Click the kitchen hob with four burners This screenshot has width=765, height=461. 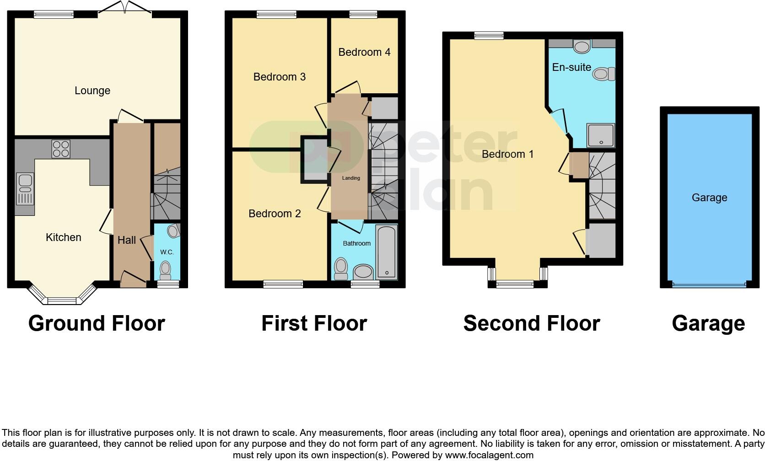point(61,148)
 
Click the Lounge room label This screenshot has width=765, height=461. point(92,91)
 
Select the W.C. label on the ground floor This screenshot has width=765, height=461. point(167,252)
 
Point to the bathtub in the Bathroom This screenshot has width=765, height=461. point(387,252)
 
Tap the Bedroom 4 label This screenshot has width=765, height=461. point(364,52)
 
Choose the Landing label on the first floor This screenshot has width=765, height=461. point(351,178)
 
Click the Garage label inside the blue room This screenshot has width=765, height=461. point(709,198)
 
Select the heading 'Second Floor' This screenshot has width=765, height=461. point(531,323)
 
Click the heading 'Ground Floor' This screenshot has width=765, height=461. point(97,323)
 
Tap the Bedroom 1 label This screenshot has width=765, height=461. point(507,154)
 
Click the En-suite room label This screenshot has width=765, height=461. point(571,67)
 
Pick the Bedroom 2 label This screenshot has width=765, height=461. point(275,214)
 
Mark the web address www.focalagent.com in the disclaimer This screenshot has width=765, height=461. point(489,455)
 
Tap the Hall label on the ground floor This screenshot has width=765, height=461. point(127,240)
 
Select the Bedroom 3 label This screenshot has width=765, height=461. point(279,77)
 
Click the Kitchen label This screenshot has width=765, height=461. point(64,237)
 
